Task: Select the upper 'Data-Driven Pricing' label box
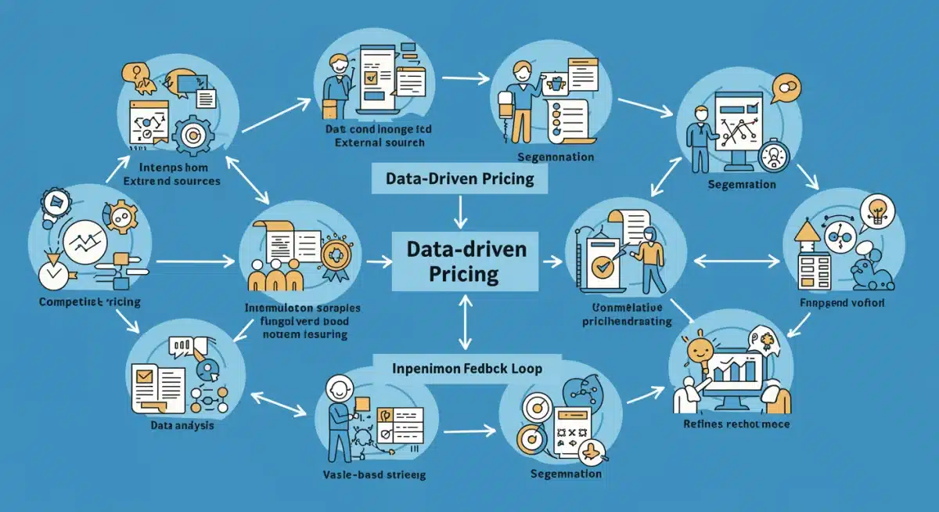point(460,179)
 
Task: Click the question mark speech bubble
point(134,74)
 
